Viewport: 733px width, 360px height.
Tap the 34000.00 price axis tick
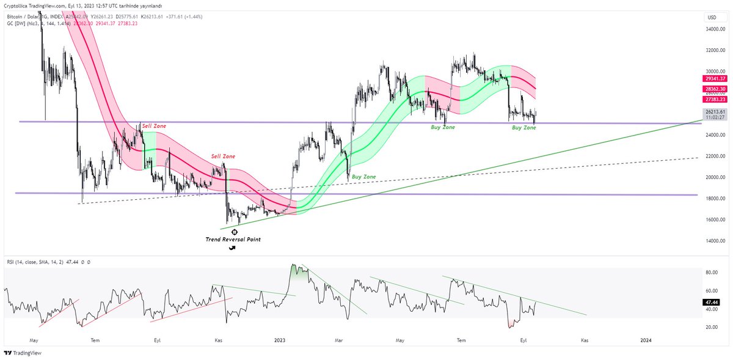click(715, 29)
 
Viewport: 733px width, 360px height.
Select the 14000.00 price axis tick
click(715, 241)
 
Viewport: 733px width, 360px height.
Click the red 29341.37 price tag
click(715, 79)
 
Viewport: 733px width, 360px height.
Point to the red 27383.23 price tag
click(715, 99)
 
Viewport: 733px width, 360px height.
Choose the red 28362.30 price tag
click(715, 89)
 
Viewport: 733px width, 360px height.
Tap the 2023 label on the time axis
click(280, 339)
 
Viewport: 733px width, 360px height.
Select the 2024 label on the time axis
click(646, 339)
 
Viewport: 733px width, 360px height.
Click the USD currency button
click(712, 17)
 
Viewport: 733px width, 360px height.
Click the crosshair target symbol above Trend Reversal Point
click(235, 232)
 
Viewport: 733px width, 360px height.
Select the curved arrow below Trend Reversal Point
click(232, 248)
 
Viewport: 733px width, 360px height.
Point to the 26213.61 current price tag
click(715, 112)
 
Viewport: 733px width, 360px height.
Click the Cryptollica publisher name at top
click(19, 6)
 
